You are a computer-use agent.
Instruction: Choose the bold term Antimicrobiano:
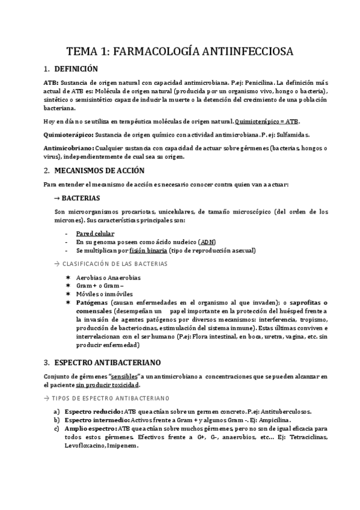click(68, 149)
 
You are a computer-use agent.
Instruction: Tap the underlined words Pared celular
click(96, 233)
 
